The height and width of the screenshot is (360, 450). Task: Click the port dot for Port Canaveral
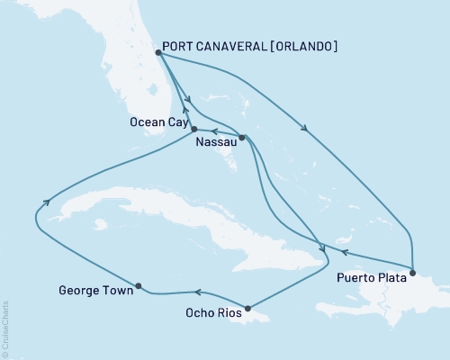coord(157,52)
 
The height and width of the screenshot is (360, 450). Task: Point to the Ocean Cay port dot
coord(194,129)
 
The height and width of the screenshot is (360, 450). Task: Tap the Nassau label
coord(215,141)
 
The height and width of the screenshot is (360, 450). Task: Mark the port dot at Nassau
coord(241,137)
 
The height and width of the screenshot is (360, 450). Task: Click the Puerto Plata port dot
coord(412,272)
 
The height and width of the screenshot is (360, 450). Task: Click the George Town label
coord(90,291)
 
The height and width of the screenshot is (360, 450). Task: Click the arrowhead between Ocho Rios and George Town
coord(197,292)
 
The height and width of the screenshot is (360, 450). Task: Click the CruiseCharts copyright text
coord(4,328)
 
